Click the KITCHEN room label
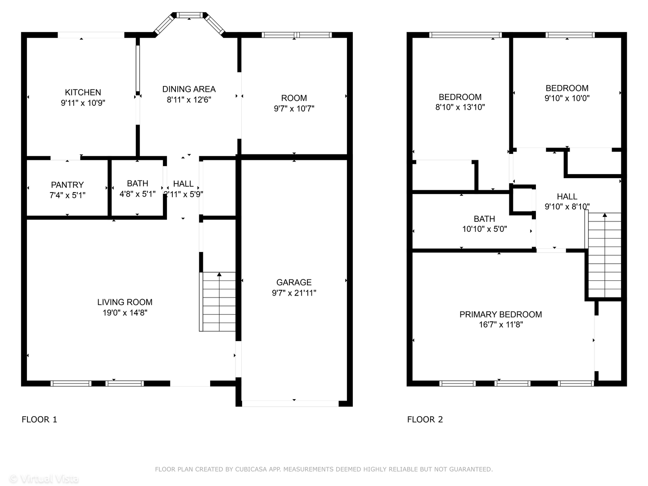coord(83,92)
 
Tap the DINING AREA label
coord(189,89)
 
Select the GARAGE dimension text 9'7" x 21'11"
coord(294,293)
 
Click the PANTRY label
coord(67,185)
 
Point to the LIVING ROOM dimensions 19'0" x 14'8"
coord(125,313)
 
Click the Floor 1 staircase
coord(218,302)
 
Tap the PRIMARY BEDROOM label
coord(500,315)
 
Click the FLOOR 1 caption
coord(40,419)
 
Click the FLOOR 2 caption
coord(425,419)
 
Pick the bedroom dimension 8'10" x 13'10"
coord(460,107)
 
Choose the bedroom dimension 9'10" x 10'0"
coord(567,98)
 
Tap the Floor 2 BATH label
coord(484,219)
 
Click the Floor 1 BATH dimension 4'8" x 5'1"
coord(137,194)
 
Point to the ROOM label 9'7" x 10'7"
coord(294,98)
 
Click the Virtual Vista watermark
coord(44,478)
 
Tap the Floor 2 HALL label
coord(567,197)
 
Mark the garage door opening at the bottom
coord(290,404)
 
